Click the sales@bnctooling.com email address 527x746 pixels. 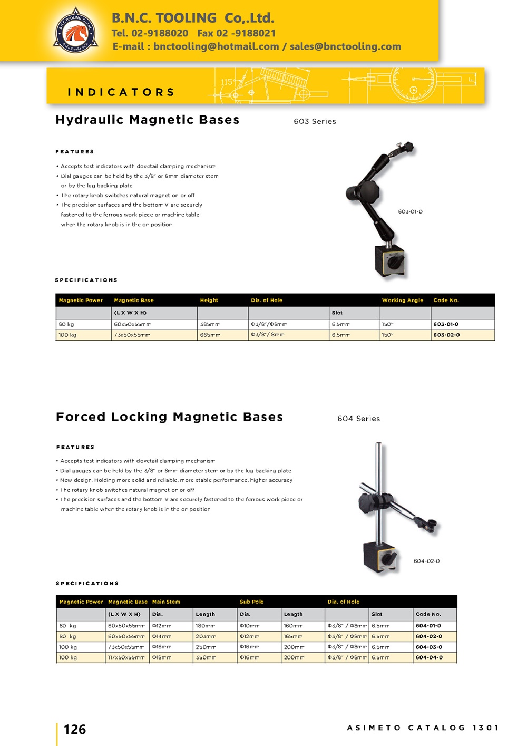coord(345,46)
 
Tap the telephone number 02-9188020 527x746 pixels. coord(160,33)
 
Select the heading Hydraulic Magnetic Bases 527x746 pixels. coord(148,120)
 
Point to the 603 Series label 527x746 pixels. coord(315,121)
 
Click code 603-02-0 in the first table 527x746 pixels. coord(446,335)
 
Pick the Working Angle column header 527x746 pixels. coord(403,300)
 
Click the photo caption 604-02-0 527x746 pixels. coord(426,561)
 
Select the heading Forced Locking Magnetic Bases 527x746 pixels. coord(169,417)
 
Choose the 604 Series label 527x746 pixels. coord(358,419)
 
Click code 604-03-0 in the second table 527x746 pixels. coord(429,647)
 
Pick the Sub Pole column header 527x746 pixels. coord(251,602)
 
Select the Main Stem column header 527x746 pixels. coord(166,602)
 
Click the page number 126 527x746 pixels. coord(75,730)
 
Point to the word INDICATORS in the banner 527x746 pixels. coord(121,92)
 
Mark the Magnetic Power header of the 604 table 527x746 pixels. coord(81,602)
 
